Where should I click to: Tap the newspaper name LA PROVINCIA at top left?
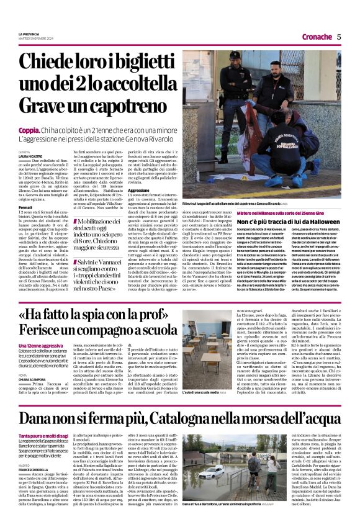click(x=29, y=34)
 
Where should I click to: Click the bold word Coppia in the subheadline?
click(x=29, y=130)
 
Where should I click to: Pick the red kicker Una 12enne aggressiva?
click(x=41, y=345)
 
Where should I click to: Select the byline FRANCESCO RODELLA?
click(x=36, y=472)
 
